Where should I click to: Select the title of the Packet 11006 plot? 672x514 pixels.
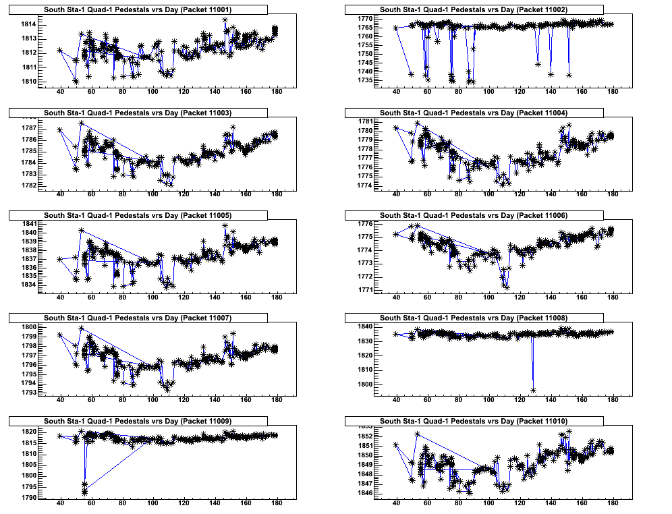click(x=473, y=215)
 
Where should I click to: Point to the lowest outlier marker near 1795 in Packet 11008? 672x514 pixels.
click(x=533, y=390)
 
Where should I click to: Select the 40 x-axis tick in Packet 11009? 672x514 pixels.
click(x=60, y=503)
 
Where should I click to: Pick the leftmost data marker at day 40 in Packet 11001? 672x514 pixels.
click(x=60, y=50)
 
